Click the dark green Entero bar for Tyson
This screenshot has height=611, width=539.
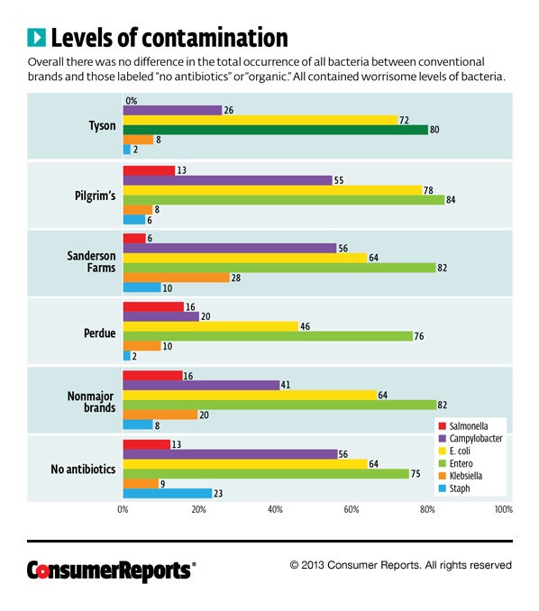tap(276, 130)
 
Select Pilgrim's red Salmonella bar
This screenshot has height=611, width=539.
tap(149, 170)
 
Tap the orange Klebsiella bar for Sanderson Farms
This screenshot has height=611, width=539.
tap(176, 278)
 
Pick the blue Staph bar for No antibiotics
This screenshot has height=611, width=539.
tap(168, 493)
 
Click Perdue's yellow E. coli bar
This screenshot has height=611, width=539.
tap(211, 326)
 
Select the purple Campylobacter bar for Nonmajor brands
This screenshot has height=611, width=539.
tap(202, 386)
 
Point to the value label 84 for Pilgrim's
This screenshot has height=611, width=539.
tap(451, 200)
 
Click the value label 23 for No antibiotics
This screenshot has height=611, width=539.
tap(218, 494)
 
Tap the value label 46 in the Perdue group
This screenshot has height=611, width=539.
tap(305, 326)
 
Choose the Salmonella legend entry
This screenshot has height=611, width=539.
tap(463, 426)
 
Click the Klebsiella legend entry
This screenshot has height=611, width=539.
tap(461, 476)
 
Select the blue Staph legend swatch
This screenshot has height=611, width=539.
tap(443, 488)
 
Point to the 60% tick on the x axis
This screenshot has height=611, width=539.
tap(352, 510)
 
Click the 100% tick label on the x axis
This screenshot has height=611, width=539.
tap(504, 510)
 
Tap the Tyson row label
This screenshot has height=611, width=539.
tap(102, 126)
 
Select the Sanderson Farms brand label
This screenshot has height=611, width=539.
tap(91, 262)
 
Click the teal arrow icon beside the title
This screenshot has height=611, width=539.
tap(37, 38)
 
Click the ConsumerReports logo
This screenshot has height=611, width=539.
tap(112, 570)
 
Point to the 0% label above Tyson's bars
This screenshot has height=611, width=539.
tap(132, 101)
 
